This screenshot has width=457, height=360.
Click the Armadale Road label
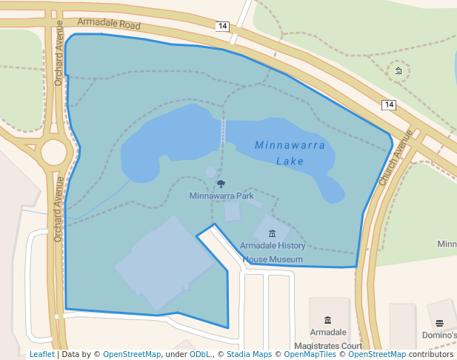(108, 24)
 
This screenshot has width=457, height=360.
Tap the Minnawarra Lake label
(290, 153)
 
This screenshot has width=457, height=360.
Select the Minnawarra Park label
(221, 196)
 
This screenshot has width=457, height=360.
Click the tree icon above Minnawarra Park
(221, 184)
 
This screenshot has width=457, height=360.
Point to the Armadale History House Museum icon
(272, 234)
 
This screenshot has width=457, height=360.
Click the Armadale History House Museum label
(273, 253)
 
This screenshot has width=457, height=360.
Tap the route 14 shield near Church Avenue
(389, 105)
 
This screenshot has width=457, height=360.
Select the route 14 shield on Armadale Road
(222, 26)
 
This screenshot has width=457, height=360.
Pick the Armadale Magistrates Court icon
(327, 319)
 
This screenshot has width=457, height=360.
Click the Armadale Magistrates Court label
(327, 339)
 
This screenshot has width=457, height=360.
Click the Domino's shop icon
(439, 323)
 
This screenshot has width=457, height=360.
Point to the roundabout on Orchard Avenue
(54, 152)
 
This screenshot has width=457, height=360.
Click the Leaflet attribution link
(41, 355)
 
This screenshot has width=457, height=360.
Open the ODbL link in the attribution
(200, 355)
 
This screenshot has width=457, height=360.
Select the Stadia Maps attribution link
(249, 355)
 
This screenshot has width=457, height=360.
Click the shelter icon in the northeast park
(398, 70)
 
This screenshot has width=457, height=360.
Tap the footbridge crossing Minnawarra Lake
(224, 130)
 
